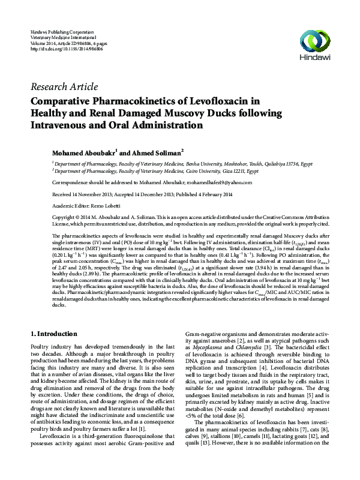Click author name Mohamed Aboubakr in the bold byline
click(x=84, y=152)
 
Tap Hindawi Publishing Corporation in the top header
click(x=62, y=31)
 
